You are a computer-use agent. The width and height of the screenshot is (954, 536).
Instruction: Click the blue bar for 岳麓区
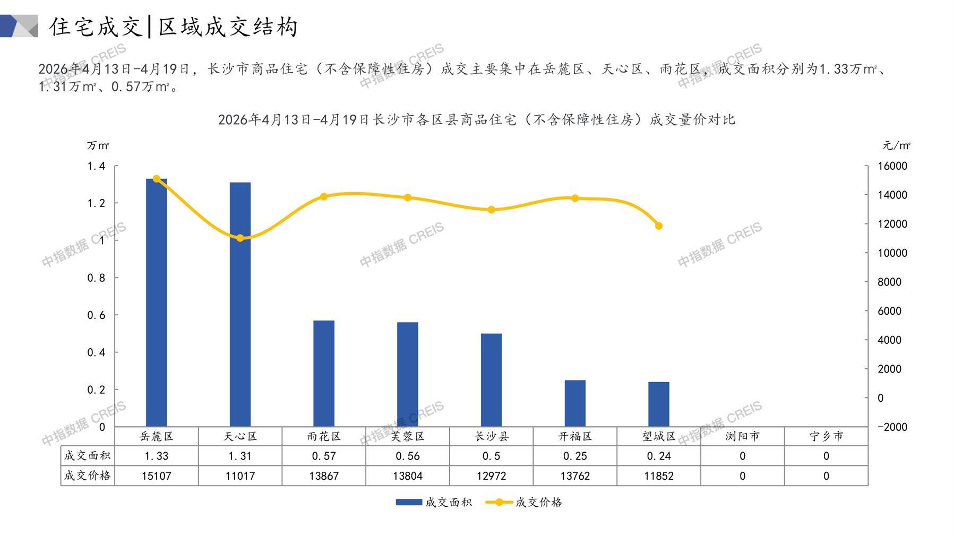(x=156, y=302)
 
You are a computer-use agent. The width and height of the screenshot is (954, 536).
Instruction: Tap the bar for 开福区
(x=575, y=403)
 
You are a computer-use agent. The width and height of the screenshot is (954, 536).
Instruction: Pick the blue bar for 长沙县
(x=491, y=380)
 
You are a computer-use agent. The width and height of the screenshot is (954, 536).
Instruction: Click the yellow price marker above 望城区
(x=659, y=226)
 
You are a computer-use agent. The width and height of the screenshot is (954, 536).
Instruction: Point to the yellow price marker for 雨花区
(x=324, y=197)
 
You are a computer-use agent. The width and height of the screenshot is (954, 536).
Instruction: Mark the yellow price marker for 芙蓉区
(x=408, y=198)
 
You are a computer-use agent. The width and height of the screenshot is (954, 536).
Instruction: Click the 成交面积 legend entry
(x=434, y=502)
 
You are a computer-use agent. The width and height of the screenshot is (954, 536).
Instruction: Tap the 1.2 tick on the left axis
(x=96, y=203)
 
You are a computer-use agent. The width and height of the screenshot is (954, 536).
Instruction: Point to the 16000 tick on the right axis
(x=892, y=166)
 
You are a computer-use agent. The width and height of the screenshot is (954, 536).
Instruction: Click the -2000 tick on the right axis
(x=892, y=427)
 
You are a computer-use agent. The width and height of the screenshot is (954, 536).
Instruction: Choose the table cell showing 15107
(x=156, y=476)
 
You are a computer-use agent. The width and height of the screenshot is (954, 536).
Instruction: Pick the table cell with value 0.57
(x=324, y=456)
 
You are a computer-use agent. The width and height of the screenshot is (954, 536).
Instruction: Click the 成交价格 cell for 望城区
(x=659, y=476)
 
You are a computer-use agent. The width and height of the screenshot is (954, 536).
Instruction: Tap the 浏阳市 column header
(x=742, y=436)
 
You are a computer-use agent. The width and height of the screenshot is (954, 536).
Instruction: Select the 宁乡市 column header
(x=826, y=436)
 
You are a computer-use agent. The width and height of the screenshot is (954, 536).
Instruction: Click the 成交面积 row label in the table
(x=88, y=456)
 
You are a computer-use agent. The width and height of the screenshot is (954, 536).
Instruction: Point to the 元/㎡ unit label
(x=896, y=145)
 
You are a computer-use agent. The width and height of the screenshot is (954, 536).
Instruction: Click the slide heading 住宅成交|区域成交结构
(x=174, y=27)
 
